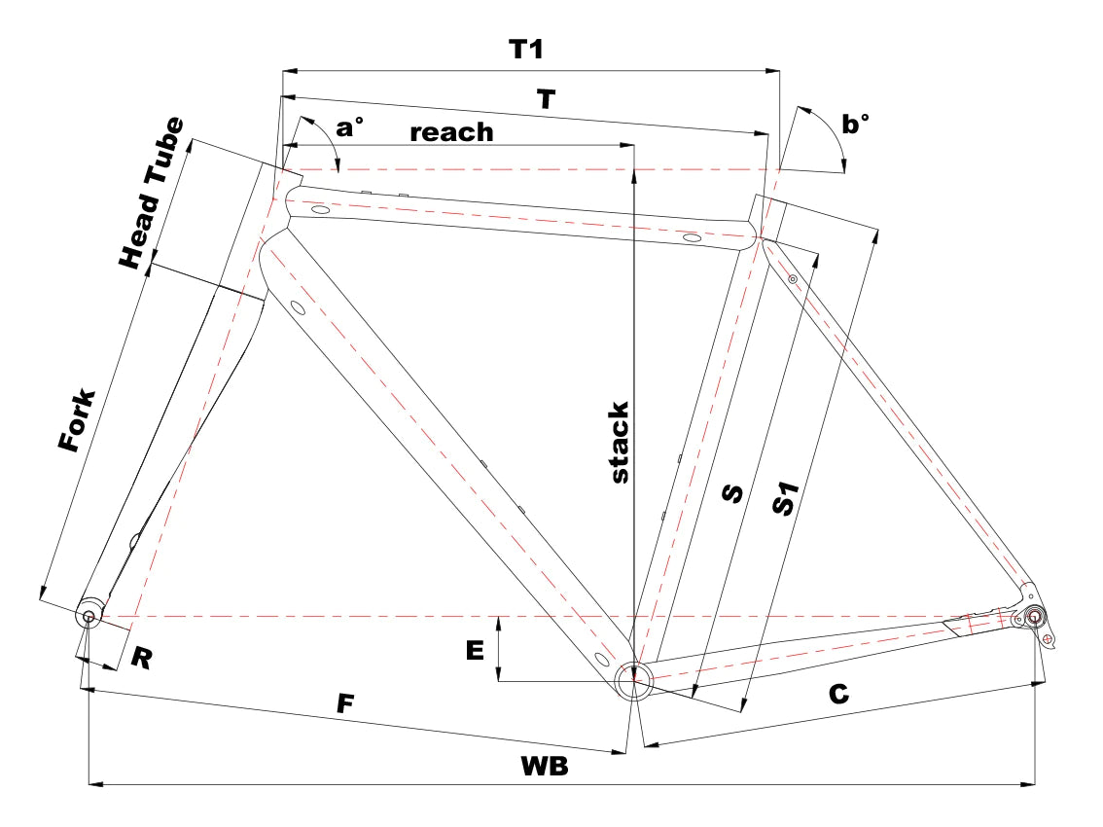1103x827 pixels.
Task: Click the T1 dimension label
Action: click(525, 50)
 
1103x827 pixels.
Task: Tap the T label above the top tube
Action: click(546, 99)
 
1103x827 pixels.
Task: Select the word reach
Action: click(451, 132)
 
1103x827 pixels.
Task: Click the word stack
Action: click(619, 443)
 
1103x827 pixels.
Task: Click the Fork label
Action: click(77, 419)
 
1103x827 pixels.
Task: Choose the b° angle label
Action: click(855, 124)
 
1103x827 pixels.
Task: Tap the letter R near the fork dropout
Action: click(141, 658)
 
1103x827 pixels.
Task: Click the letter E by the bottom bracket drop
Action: click(475, 650)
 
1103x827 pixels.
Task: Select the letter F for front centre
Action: click(345, 703)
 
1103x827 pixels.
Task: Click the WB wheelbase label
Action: click(545, 766)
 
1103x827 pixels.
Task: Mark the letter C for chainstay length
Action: click(838, 695)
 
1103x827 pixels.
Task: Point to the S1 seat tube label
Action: click(786, 498)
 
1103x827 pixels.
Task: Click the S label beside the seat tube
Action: click(732, 493)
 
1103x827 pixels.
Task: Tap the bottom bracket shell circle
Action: click(634, 681)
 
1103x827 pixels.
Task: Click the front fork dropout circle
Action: click(89, 616)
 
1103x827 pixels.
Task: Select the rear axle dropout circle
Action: click(1034, 617)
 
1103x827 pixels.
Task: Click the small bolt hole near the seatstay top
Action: click(792, 279)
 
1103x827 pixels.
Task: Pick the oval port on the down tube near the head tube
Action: click(298, 306)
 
